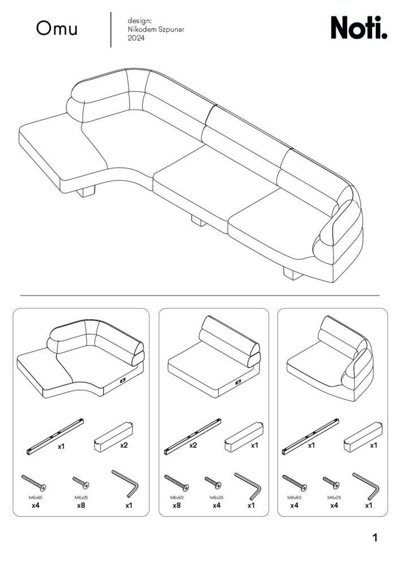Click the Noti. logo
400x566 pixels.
[x=359, y=27]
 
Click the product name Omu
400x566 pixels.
[x=57, y=28]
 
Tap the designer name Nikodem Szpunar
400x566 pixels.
[x=156, y=29]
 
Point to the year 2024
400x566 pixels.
[x=136, y=38]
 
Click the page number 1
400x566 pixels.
[x=375, y=538]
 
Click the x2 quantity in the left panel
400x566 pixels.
[x=124, y=445]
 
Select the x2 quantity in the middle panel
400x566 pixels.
[x=193, y=445]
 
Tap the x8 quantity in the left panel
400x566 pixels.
[x=81, y=505]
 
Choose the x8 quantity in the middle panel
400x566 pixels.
[x=177, y=505]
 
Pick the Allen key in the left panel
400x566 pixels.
[x=125, y=483]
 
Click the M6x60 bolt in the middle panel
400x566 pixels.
[x=177, y=483]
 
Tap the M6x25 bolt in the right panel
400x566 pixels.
[x=331, y=483]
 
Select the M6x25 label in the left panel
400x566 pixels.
[x=81, y=498]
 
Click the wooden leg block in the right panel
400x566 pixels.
[x=363, y=437]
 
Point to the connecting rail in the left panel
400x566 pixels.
[x=55, y=436]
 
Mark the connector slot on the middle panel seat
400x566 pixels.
[x=238, y=382]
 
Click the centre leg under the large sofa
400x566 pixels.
[x=199, y=220]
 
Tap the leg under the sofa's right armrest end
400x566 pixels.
[x=293, y=273]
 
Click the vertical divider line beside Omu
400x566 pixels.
[x=111, y=29]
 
